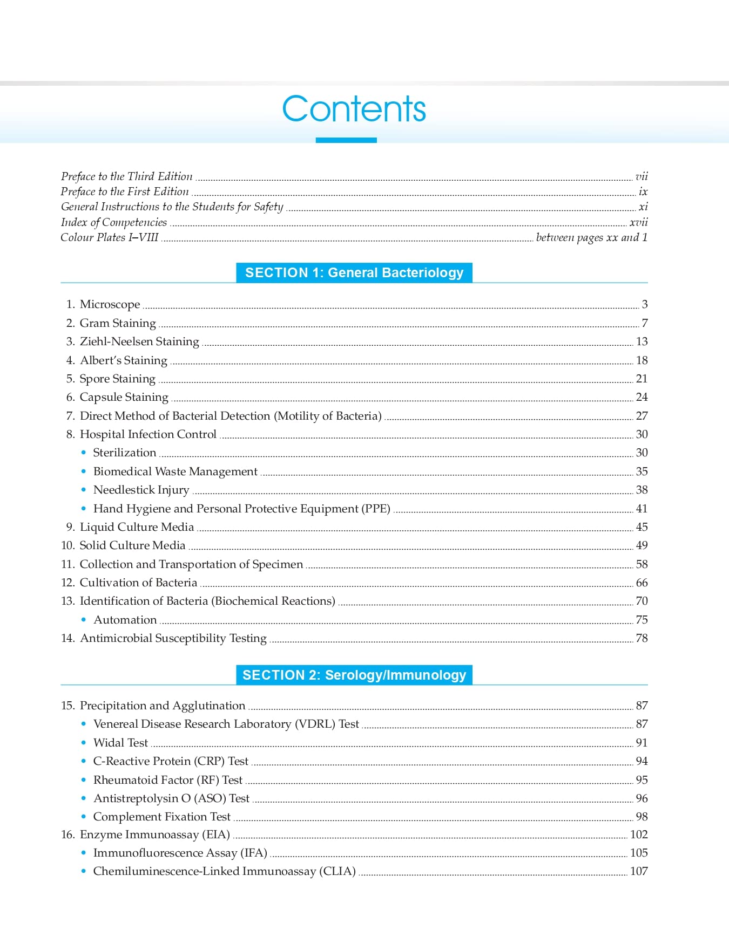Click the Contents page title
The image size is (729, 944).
354,109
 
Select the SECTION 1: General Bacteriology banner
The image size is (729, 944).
354,273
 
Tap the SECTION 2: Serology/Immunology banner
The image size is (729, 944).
354,675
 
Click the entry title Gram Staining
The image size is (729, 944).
118,323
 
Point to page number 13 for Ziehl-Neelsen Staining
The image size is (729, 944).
642,341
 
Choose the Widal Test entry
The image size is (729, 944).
120,743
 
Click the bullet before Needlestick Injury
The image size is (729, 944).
83,490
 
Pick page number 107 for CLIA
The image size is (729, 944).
639,871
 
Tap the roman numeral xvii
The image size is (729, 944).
638,222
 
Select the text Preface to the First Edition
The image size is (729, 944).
125,191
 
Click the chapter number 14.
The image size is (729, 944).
67,638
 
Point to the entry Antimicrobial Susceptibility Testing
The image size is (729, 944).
173,638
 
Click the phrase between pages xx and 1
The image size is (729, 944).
591,237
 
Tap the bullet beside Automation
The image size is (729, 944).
83,620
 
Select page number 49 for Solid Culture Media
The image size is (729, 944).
642,545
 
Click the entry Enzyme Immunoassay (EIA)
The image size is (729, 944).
155,834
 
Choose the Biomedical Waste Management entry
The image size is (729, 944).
175,471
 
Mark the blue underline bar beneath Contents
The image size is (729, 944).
346,140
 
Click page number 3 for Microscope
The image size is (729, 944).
644,304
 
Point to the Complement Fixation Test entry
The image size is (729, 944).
162,817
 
